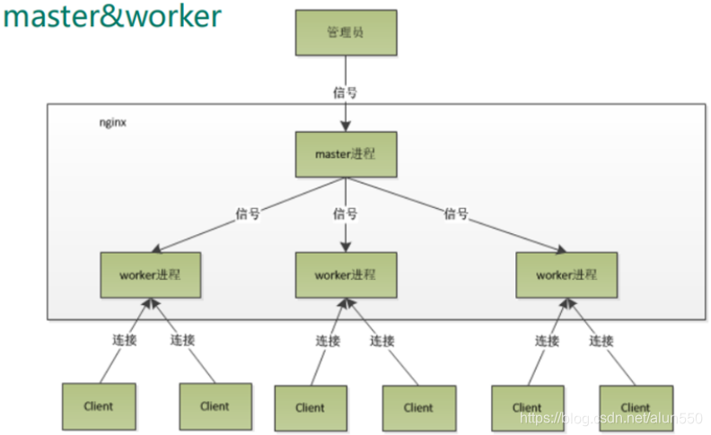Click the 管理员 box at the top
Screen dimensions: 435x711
[x=345, y=33]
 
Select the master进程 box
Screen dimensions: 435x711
[x=345, y=154]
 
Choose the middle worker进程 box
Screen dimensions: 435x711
[x=346, y=274]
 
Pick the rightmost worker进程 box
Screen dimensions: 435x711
[x=566, y=274]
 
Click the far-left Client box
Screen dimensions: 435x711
[x=99, y=405]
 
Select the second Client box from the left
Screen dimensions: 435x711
[x=215, y=405]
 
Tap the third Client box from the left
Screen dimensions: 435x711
[x=310, y=407]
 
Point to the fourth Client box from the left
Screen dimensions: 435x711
[x=418, y=407]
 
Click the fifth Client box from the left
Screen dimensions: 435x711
[x=527, y=407]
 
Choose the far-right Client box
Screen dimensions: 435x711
[x=636, y=407]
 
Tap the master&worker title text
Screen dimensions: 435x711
[x=111, y=17]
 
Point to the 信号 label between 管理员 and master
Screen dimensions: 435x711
[x=345, y=91]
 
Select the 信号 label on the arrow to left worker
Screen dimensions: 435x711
[x=249, y=213]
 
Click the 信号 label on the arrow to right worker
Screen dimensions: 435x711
[x=456, y=213]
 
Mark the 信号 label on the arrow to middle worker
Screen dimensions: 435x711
[x=346, y=213]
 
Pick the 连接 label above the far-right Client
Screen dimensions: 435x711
[x=601, y=341]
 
